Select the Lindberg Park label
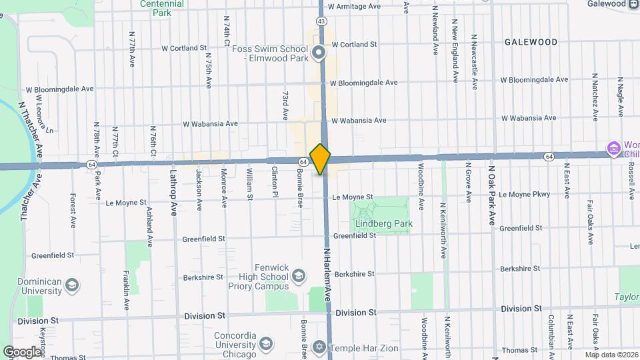[383, 223]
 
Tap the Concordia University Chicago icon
[265, 344]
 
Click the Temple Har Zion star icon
[319, 348]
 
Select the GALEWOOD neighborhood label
[531, 41]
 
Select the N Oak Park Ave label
[492, 193]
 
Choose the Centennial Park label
[162, 7]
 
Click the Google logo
[23, 351]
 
